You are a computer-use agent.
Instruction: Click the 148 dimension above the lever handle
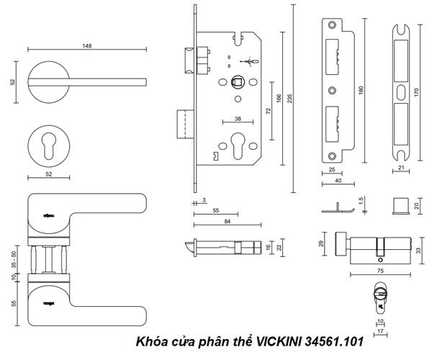[x=86, y=46]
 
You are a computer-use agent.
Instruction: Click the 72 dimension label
[x=268, y=112]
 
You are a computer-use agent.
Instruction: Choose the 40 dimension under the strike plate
[x=338, y=180]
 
